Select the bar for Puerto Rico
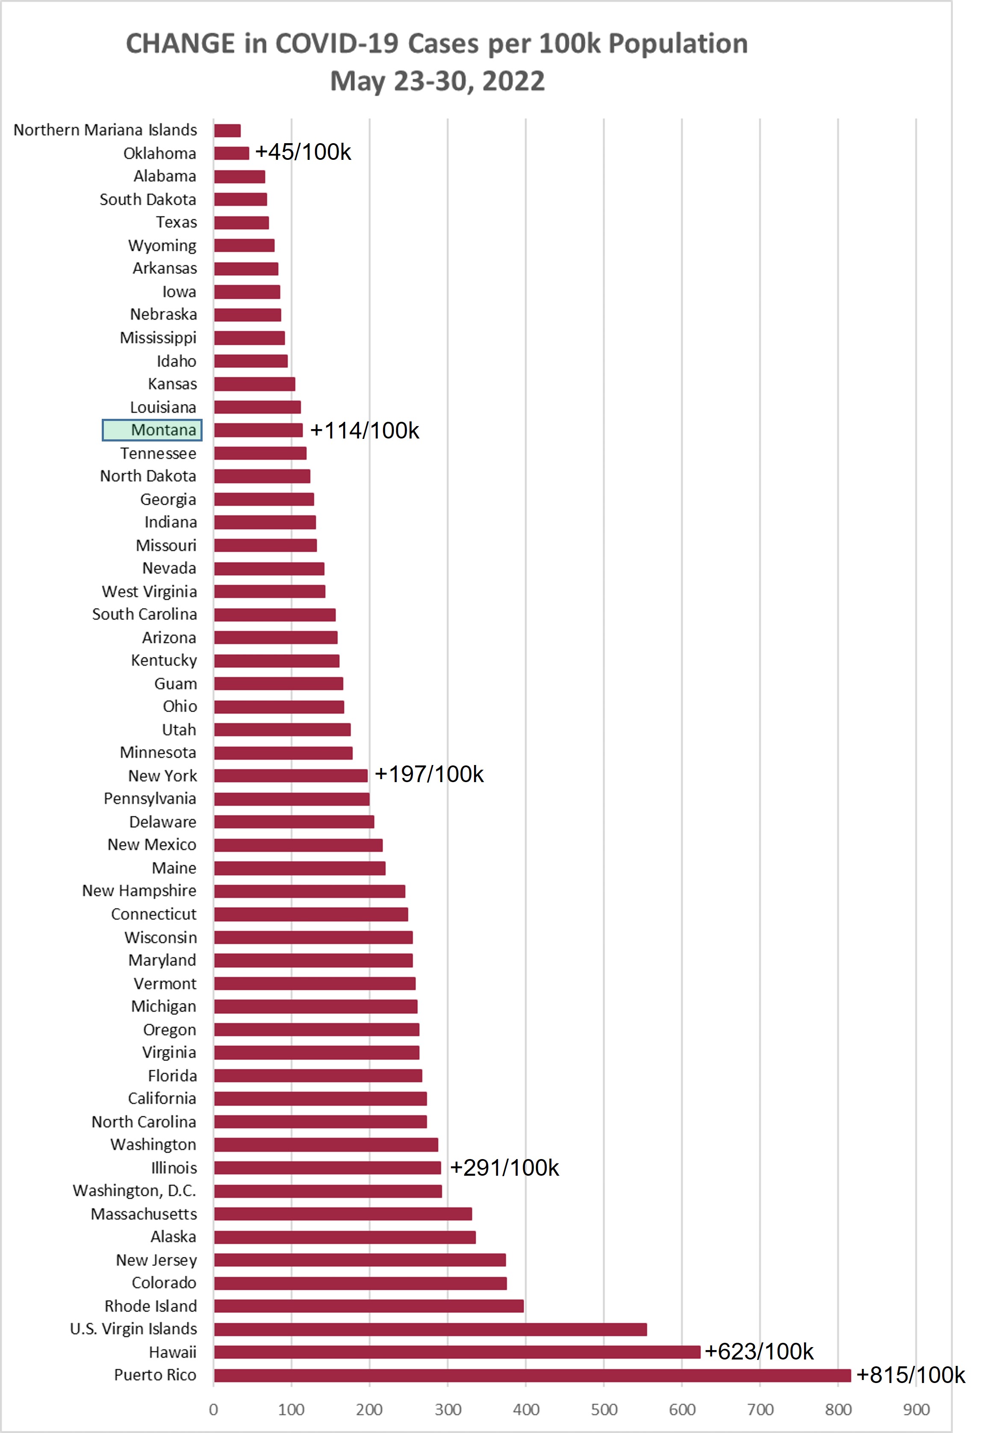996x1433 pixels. click(x=532, y=1376)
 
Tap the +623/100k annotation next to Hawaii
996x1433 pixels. click(x=759, y=1351)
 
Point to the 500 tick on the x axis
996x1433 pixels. click(x=604, y=1409)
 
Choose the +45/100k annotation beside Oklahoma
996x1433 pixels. click(x=304, y=152)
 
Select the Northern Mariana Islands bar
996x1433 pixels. click(x=227, y=130)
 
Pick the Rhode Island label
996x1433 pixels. click(x=150, y=1306)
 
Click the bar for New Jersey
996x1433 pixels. click(x=360, y=1260)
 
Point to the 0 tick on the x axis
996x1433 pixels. click(x=213, y=1409)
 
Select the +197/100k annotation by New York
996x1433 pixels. click(x=429, y=774)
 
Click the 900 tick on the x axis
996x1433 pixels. click(x=916, y=1409)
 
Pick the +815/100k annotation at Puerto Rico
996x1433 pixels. click(x=911, y=1375)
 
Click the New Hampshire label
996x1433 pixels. click(x=139, y=891)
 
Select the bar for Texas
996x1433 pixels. click(x=242, y=223)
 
